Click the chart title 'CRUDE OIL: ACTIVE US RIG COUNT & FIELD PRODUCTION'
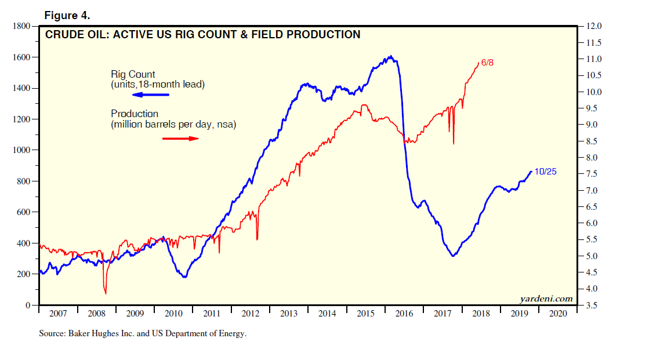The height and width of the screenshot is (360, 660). coord(202,35)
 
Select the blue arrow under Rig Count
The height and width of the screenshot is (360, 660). coord(150,94)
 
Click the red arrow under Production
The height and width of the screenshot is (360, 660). coord(180,139)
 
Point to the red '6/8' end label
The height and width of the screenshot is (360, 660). coord(487,63)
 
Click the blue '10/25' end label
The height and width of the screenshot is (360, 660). coord(545,172)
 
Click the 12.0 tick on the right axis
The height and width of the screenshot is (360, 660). coord(596,27)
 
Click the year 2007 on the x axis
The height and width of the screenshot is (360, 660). coord(58,314)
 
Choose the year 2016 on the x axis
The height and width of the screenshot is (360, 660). coord(404,314)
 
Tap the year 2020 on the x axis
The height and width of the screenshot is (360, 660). coord(558,314)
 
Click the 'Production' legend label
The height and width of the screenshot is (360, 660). coord(135,114)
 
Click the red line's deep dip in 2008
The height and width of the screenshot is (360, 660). coord(106,292)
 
